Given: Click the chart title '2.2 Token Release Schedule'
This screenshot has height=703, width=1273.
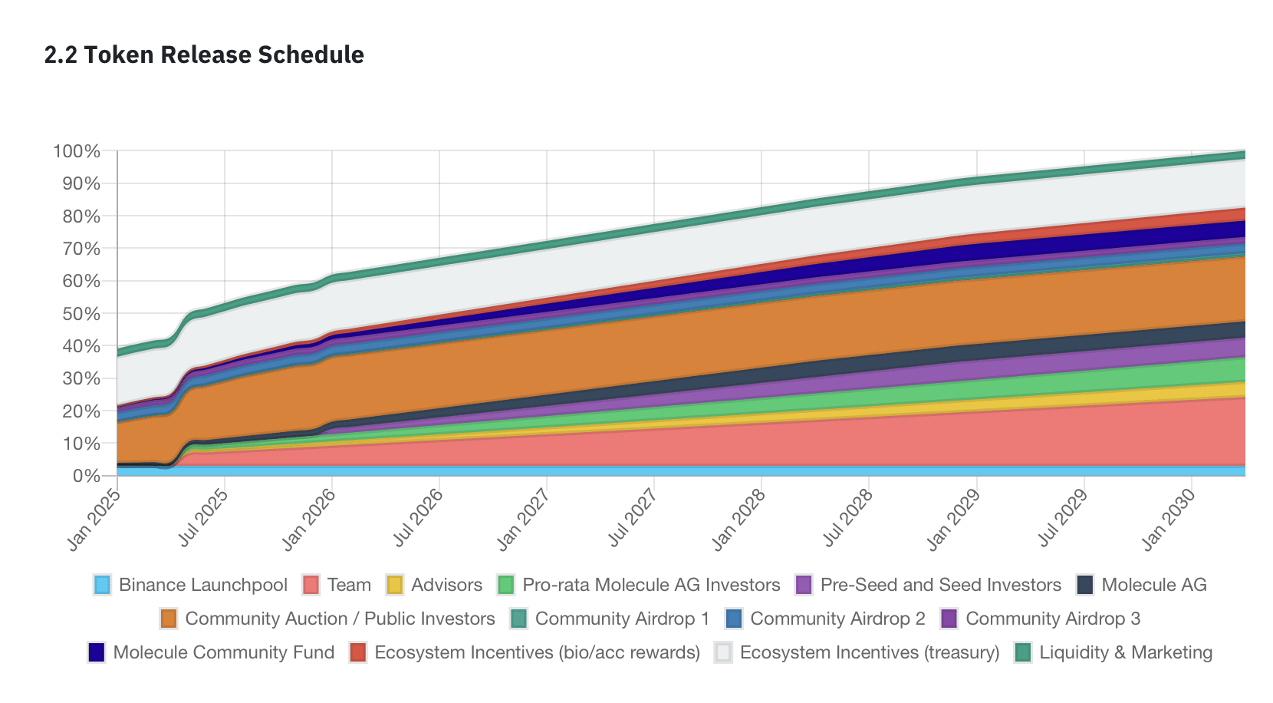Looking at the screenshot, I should (x=204, y=55).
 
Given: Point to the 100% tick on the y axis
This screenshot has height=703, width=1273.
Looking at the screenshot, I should (x=77, y=151).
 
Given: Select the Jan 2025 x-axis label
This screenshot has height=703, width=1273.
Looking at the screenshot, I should (x=94, y=520).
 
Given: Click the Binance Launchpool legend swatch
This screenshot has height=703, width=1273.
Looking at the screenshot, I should (x=102, y=585).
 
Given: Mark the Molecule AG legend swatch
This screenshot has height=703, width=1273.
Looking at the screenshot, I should (x=1085, y=585).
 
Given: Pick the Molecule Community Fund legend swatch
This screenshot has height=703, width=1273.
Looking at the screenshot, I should (x=97, y=652).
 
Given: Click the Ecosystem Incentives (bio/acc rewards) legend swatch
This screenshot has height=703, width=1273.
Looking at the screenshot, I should (x=358, y=652).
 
